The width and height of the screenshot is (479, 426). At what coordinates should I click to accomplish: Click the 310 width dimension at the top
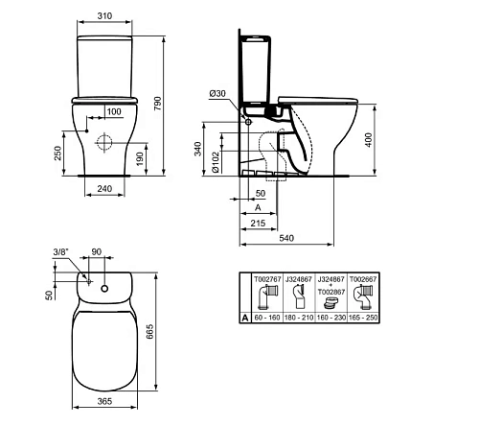[x=104, y=15]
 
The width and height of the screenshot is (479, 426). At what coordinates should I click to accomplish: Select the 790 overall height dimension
[x=158, y=104]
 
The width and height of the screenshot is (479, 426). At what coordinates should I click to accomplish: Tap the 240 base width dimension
[x=104, y=189]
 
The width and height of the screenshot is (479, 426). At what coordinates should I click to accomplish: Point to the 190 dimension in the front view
[x=140, y=159]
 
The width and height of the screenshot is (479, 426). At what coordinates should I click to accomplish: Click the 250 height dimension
[x=57, y=153]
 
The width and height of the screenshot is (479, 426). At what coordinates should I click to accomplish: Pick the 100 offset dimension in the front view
[x=114, y=111]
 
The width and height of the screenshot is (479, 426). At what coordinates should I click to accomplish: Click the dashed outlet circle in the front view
[x=104, y=143]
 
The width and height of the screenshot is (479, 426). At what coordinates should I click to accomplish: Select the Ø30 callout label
[x=217, y=94]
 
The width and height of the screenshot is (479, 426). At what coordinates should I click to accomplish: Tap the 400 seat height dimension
[x=368, y=140]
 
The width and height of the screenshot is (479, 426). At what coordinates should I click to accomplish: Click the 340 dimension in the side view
[x=198, y=149]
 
